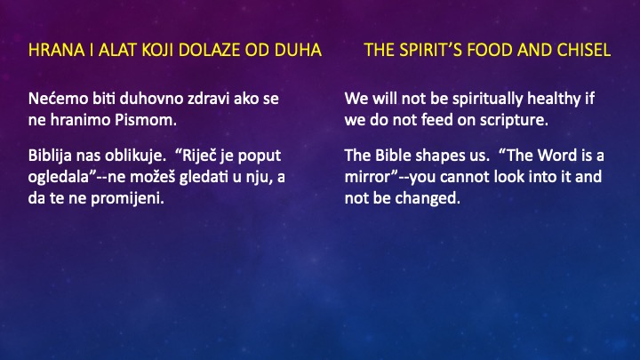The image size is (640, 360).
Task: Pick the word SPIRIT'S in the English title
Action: [x=435, y=49]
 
